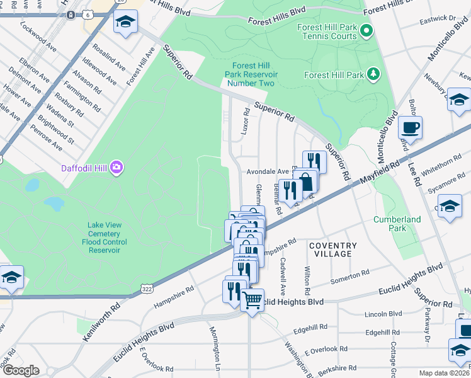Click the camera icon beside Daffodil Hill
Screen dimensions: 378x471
pyautogui.click(x=116, y=167)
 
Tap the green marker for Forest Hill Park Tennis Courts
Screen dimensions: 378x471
pyautogui.click(x=366, y=31)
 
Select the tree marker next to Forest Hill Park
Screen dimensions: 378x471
pyautogui.click(x=374, y=75)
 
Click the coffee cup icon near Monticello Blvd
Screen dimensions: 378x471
pyautogui.click(x=411, y=128)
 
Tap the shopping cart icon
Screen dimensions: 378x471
pyautogui.click(x=253, y=299)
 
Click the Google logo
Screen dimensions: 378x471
pyautogui.click(x=20, y=370)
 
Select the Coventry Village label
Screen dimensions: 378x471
pyautogui.click(x=332, y=249)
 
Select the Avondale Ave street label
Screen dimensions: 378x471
pyautogui.click(x=267, y=171)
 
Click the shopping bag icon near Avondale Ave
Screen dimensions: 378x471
pyautogui.click(x=307, y=181)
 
